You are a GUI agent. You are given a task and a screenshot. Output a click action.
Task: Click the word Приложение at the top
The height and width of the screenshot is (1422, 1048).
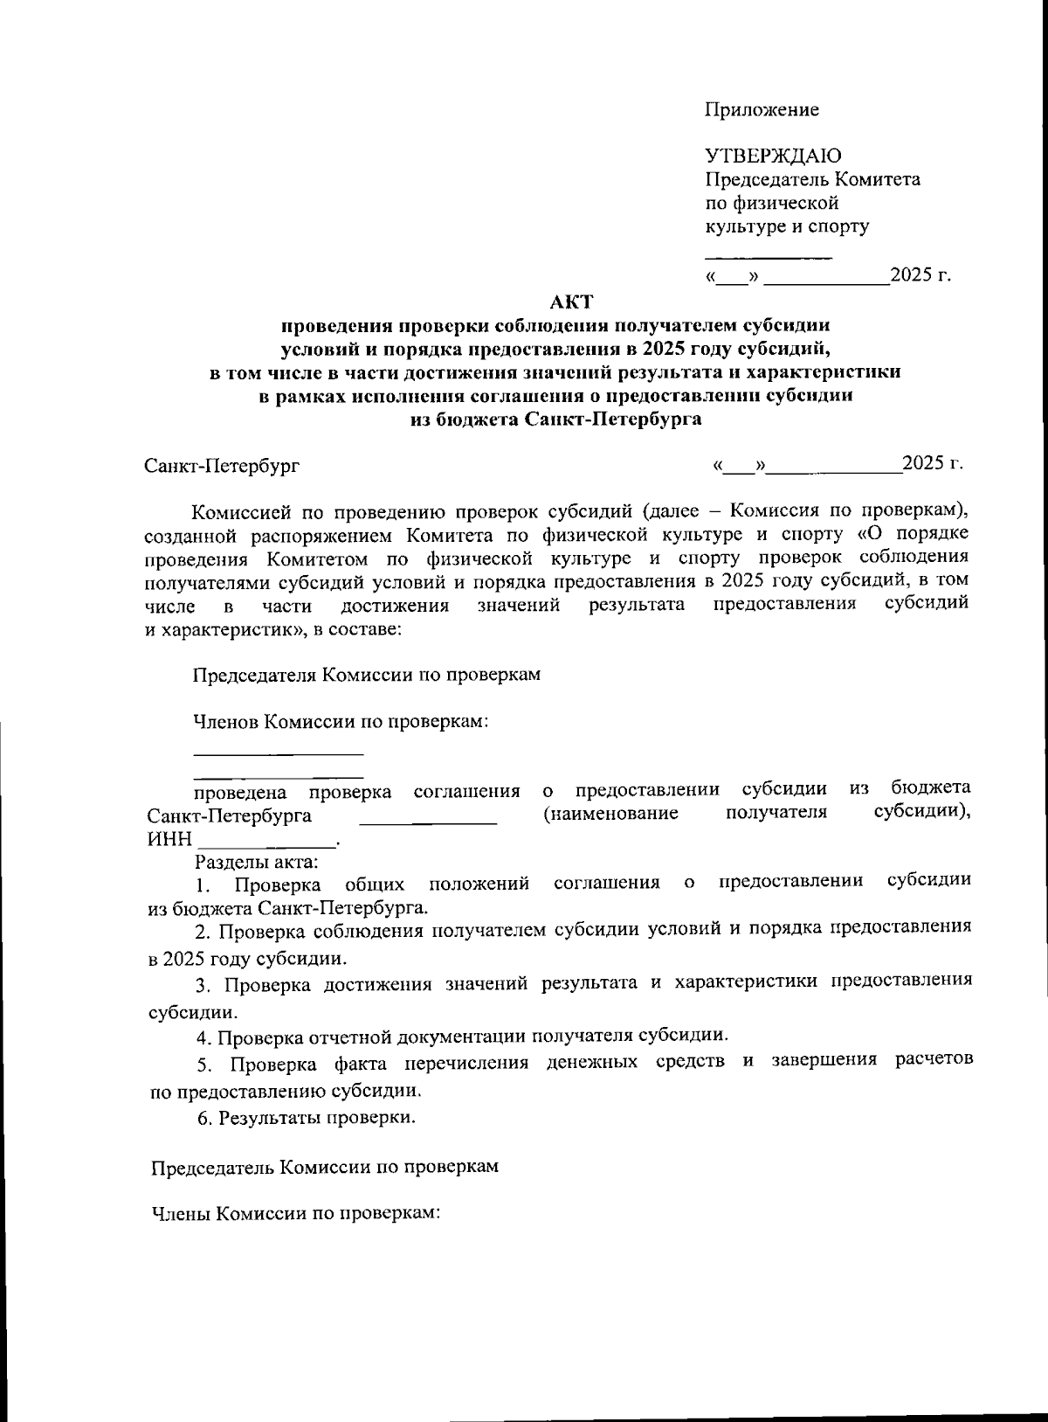click(x=762, y=109)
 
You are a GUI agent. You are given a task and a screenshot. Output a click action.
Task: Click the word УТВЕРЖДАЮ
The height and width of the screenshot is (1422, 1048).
click(x=773, y=156)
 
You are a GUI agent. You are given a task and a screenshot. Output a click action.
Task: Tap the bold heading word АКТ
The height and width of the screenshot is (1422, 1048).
click(x=571, y=302)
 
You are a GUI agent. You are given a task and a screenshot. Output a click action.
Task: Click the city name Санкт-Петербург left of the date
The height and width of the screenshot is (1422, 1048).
click(x=222, y=466)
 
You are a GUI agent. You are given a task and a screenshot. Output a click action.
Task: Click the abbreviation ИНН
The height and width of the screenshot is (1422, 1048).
click(x=169, y=840)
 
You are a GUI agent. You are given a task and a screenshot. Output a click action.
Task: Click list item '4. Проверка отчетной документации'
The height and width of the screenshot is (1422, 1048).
click(x=463, y=1037)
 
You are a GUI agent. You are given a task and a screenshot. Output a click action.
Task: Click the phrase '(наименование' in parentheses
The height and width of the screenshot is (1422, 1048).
click(x=610, y=815)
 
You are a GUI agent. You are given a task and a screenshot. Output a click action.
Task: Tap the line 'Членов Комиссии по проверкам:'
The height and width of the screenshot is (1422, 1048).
click(x=339, y=722)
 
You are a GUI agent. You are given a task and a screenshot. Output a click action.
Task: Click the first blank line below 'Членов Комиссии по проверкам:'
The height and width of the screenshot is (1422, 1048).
click(x=278, y=753)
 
